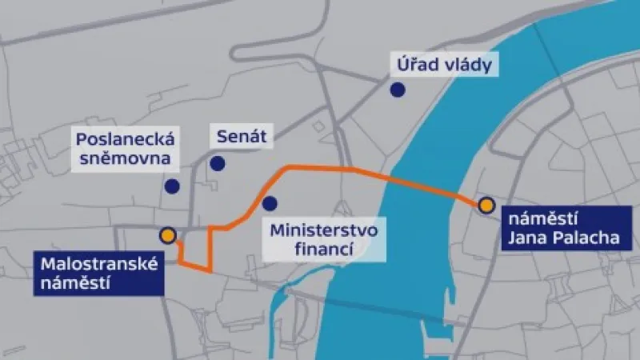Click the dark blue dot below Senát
tap(217, 164)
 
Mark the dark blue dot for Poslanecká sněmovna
tap(170, 186)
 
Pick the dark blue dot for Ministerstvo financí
tap(270, 202)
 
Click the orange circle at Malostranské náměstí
tap(167, 235)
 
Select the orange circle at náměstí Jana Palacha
tap(486, 206)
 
